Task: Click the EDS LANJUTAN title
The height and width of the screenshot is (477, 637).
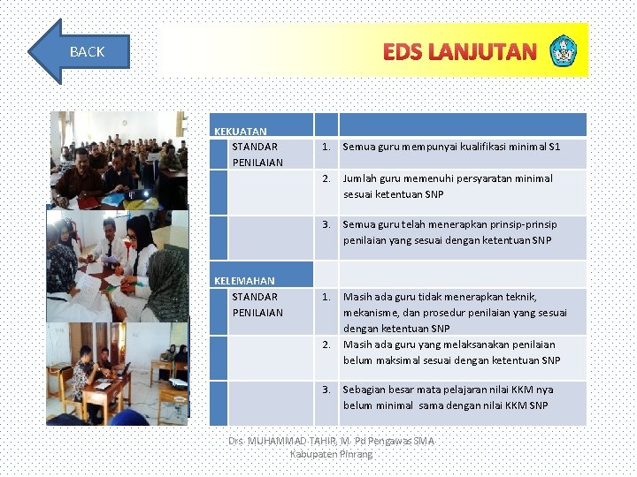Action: click(x=459, y=52)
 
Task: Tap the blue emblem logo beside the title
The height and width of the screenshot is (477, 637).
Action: click(x=563, y=51)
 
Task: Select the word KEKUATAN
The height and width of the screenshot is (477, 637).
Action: click(x=240, y=132)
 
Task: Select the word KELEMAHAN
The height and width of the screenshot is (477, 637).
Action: click(x=244, y=281)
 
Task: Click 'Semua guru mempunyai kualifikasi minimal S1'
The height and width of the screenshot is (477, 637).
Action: click(x=451, y=147)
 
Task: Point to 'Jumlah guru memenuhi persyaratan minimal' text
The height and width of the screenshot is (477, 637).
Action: click(x=447, y=178)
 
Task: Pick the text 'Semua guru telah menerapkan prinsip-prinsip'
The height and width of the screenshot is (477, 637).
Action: click(x=449, y=224)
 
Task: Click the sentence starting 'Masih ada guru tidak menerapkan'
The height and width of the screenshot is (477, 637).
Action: click(x=440, y=297)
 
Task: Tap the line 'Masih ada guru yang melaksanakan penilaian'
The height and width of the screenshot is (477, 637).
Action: click(x=449, y=344)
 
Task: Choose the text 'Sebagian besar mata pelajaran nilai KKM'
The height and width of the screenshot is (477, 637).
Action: click(x=448, y=390)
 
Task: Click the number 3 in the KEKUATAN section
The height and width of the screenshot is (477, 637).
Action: click(x=326, y=224)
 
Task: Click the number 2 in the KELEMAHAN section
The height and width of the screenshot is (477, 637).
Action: click(x=326, y=344)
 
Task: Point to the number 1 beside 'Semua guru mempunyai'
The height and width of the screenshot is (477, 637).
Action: click(x=326, y=147)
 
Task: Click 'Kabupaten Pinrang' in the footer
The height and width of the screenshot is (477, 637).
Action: click(x=331, y=454)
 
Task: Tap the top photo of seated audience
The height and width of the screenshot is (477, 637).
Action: click(x=119, y=159)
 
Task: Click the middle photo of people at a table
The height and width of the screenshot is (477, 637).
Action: click(x=117, y=265)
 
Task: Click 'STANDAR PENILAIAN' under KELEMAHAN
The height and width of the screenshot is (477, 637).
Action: click(x=257, y=305)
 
